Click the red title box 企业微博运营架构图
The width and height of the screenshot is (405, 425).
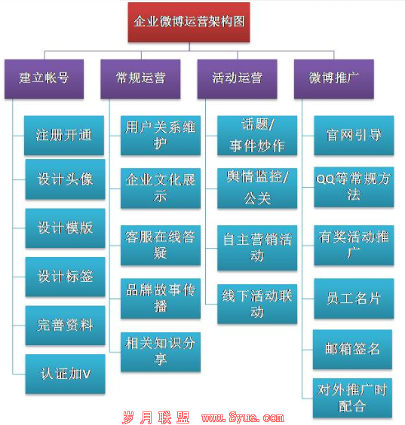tap(189, 22)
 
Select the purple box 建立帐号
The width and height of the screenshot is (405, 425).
tap(44, 78)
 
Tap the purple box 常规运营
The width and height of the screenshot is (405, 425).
tap(140, 78)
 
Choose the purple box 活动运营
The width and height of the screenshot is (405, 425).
tap(237, 78)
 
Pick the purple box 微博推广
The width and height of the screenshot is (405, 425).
tap(334, 78)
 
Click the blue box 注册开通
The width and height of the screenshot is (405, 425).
tap(64, 135)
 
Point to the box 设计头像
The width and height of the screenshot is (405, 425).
tap(65, 179)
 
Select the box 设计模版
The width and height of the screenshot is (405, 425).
tap(65, 228)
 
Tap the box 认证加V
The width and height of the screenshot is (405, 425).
tap(65, 374)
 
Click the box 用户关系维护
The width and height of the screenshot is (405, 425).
tap(161, 135)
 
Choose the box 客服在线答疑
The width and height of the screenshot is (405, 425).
tap(161, 245)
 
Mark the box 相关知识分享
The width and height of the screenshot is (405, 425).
tap(161, 352)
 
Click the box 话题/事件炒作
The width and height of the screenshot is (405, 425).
tap(257, 135)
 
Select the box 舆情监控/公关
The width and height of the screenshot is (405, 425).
tap(257, 188)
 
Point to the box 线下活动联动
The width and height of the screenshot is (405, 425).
tap(257, 304)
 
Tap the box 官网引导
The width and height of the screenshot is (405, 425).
tap(354, 135)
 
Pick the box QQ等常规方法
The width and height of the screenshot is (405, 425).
tap(354, 187)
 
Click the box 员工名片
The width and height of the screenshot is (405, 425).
tap(354, 298)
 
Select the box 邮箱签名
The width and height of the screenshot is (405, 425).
tap(352, 349)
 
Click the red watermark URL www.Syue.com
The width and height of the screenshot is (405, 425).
tap(243, 417)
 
